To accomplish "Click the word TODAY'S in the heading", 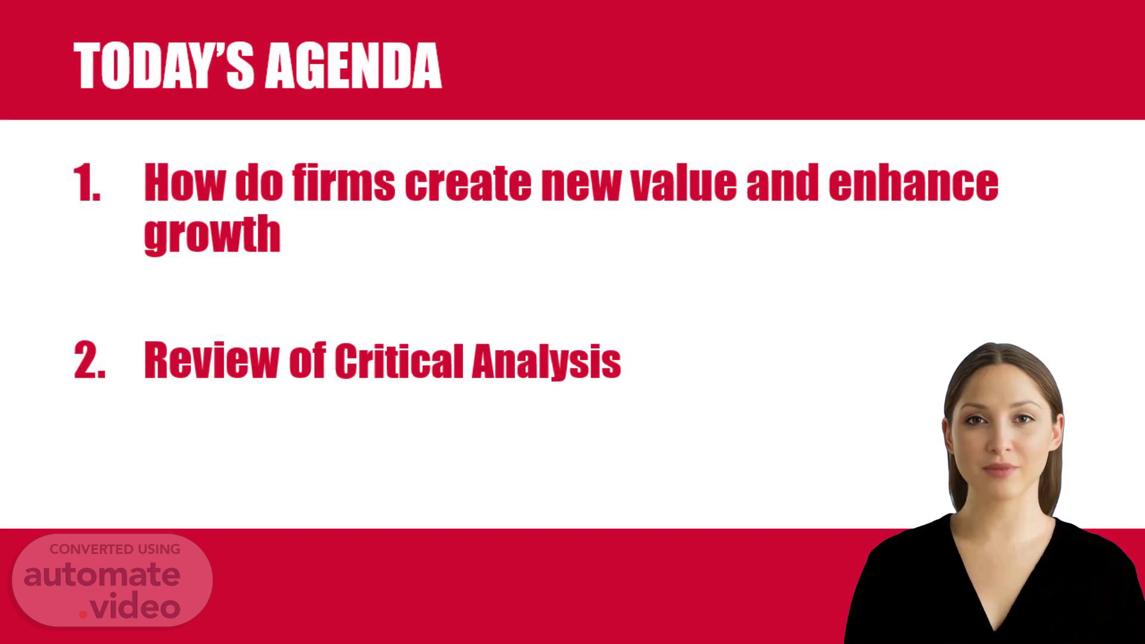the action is tap(164, 66).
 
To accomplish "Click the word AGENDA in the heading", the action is tap(353, 66).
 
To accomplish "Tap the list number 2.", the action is tap(89, 360).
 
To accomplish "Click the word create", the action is tap(468, 183).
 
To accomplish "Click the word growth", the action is tap(212, 234).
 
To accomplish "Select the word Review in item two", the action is tap(211, 360).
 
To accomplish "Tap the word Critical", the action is tap(399, 360).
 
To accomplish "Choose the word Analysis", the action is tap(546, 361).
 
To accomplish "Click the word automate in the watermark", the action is tap(102, 575).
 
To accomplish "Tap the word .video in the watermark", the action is tap(130, 607).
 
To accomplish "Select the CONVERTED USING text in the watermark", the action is tap(114, 549).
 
